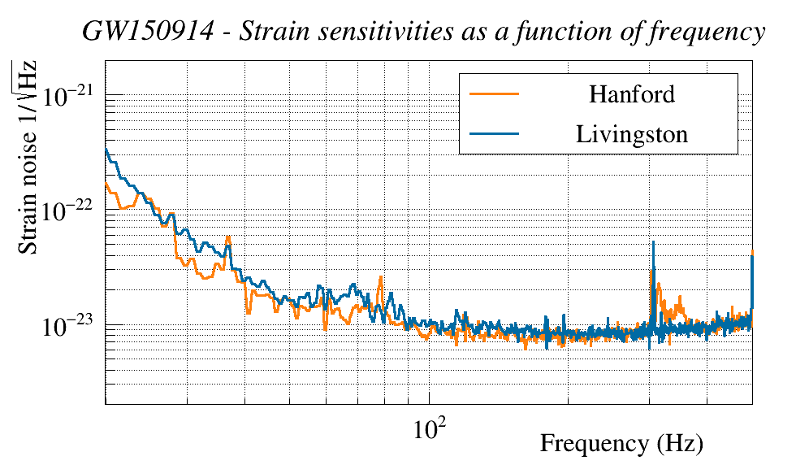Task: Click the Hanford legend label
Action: click(x=631, y=94)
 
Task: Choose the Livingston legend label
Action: click(x=631, y=133)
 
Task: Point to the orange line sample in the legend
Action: click(x=494, y=94)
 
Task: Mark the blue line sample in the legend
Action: click(x=494, y=133)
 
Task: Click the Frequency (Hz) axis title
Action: click(x=621, y=444)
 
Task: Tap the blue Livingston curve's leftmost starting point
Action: click(x=106, y=150)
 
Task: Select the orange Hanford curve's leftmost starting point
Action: click(x=106, y=184)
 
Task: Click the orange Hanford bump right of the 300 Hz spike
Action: click(x=660, y=285)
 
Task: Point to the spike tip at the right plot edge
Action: click(x=752, y=252)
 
